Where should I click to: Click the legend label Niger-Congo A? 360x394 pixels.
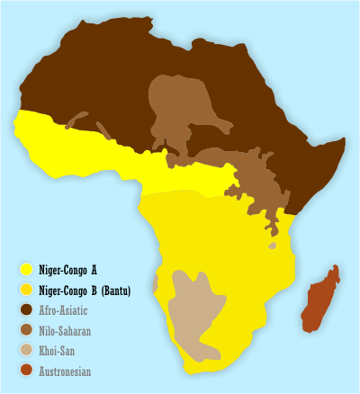pos(68,269)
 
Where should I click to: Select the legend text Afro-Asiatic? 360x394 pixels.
pos(66,310)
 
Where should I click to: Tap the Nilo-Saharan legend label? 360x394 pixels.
pos(66,330)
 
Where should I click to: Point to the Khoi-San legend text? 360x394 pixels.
pos(59,351)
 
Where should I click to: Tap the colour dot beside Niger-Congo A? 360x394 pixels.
pos(27,269)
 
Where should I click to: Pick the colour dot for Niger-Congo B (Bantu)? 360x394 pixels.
pos(27,290)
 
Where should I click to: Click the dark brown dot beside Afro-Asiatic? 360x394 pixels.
pos(27,310)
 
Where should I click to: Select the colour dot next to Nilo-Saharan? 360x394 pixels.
pos(27,330)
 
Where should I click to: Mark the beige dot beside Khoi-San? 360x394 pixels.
pos(27,351)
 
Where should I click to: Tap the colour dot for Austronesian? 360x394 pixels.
pos(27,371)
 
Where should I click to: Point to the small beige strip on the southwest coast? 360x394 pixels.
pos(156,284)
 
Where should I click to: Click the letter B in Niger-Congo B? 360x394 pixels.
pos(96,290)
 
